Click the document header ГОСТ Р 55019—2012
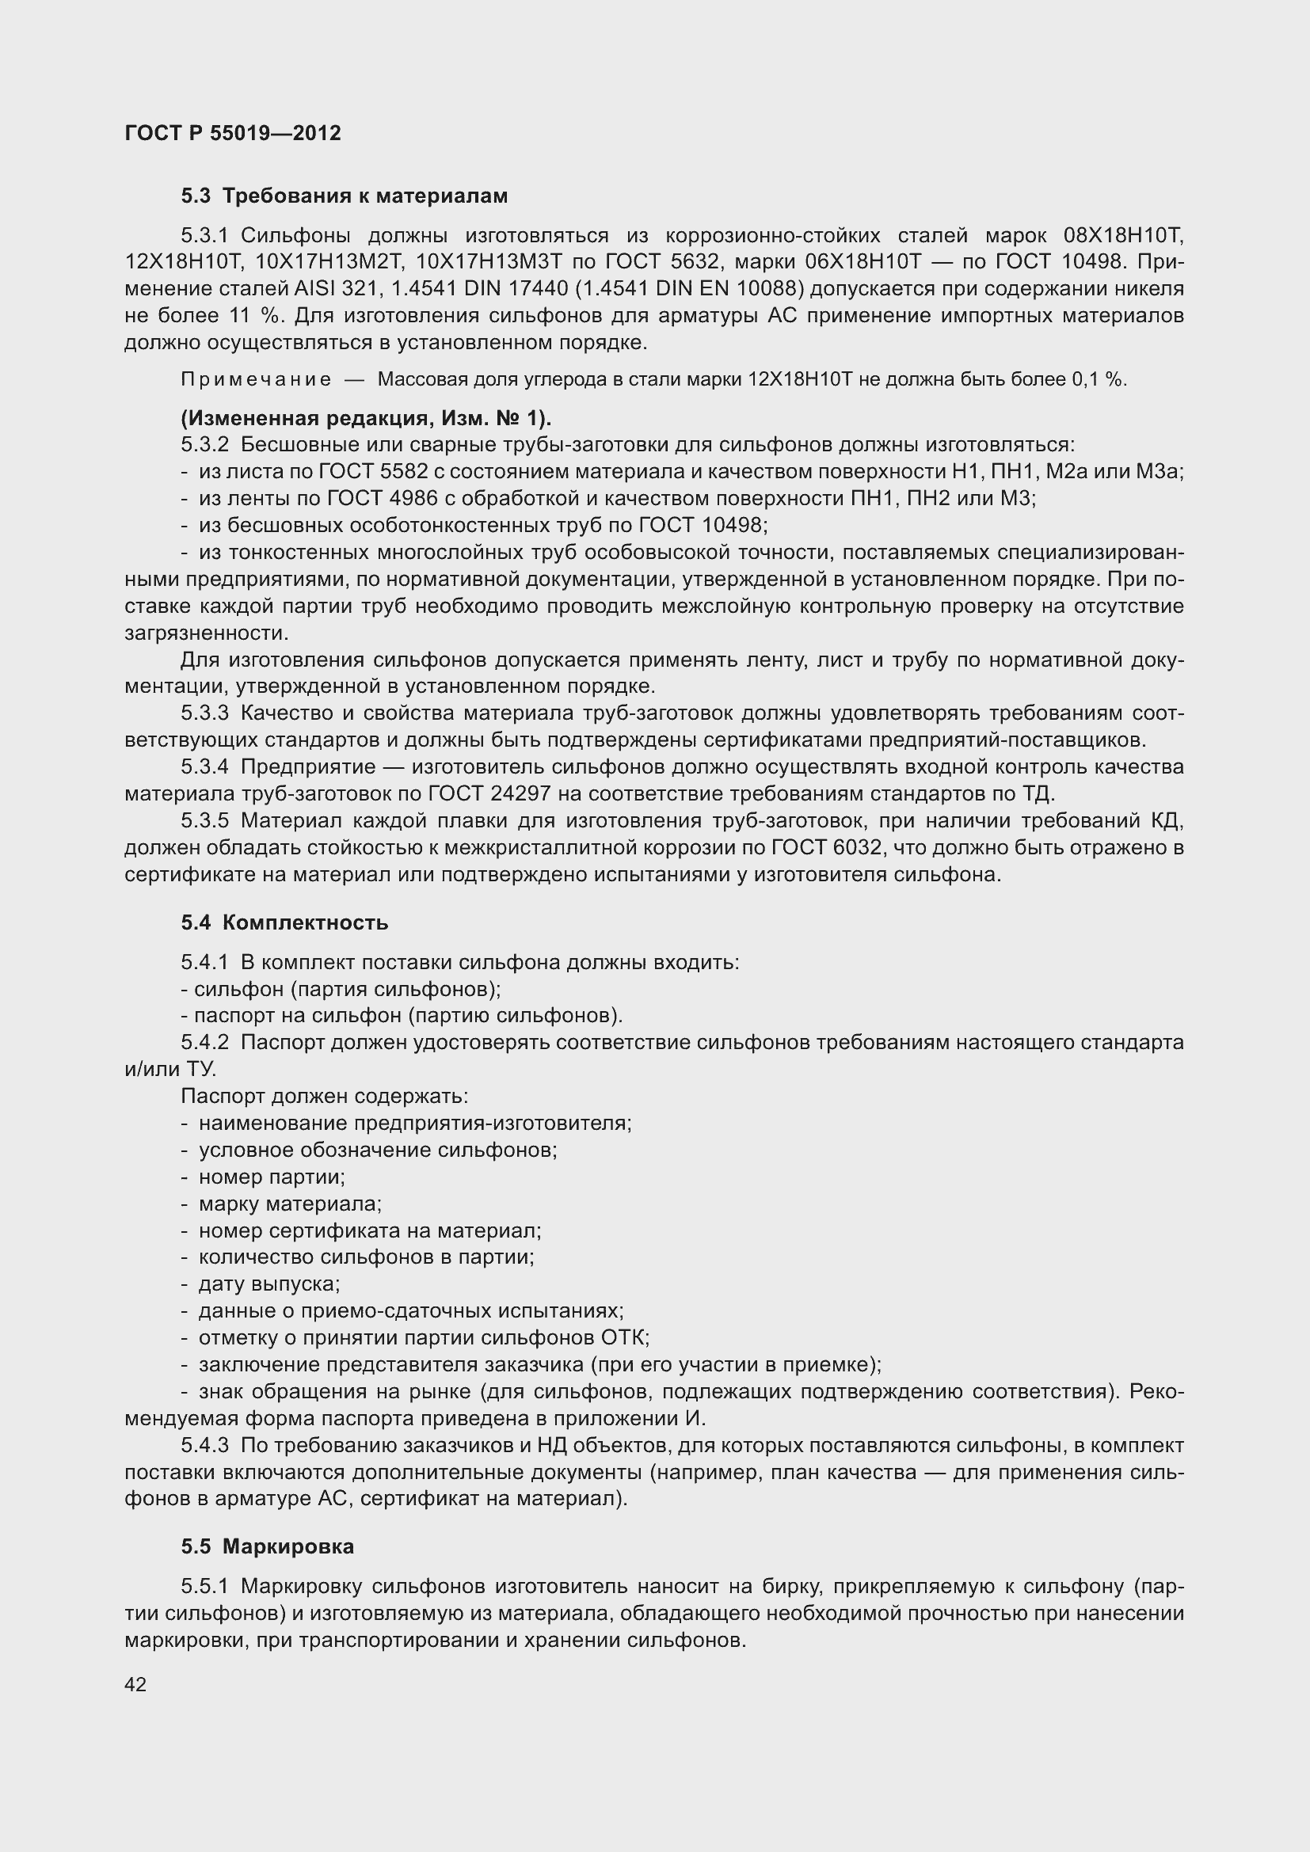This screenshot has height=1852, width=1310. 233,133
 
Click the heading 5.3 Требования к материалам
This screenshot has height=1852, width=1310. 345,196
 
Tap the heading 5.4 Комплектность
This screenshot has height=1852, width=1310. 284,922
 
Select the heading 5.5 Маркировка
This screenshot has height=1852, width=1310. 267,1546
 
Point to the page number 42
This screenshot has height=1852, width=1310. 135,1683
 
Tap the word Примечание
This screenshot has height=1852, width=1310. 255,380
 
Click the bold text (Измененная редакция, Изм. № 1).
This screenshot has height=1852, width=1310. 366,418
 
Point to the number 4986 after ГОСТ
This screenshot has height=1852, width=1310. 432,499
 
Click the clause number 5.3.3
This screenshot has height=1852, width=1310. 205,713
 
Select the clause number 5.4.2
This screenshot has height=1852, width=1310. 205,1042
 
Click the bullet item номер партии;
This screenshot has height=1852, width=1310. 272,1177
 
